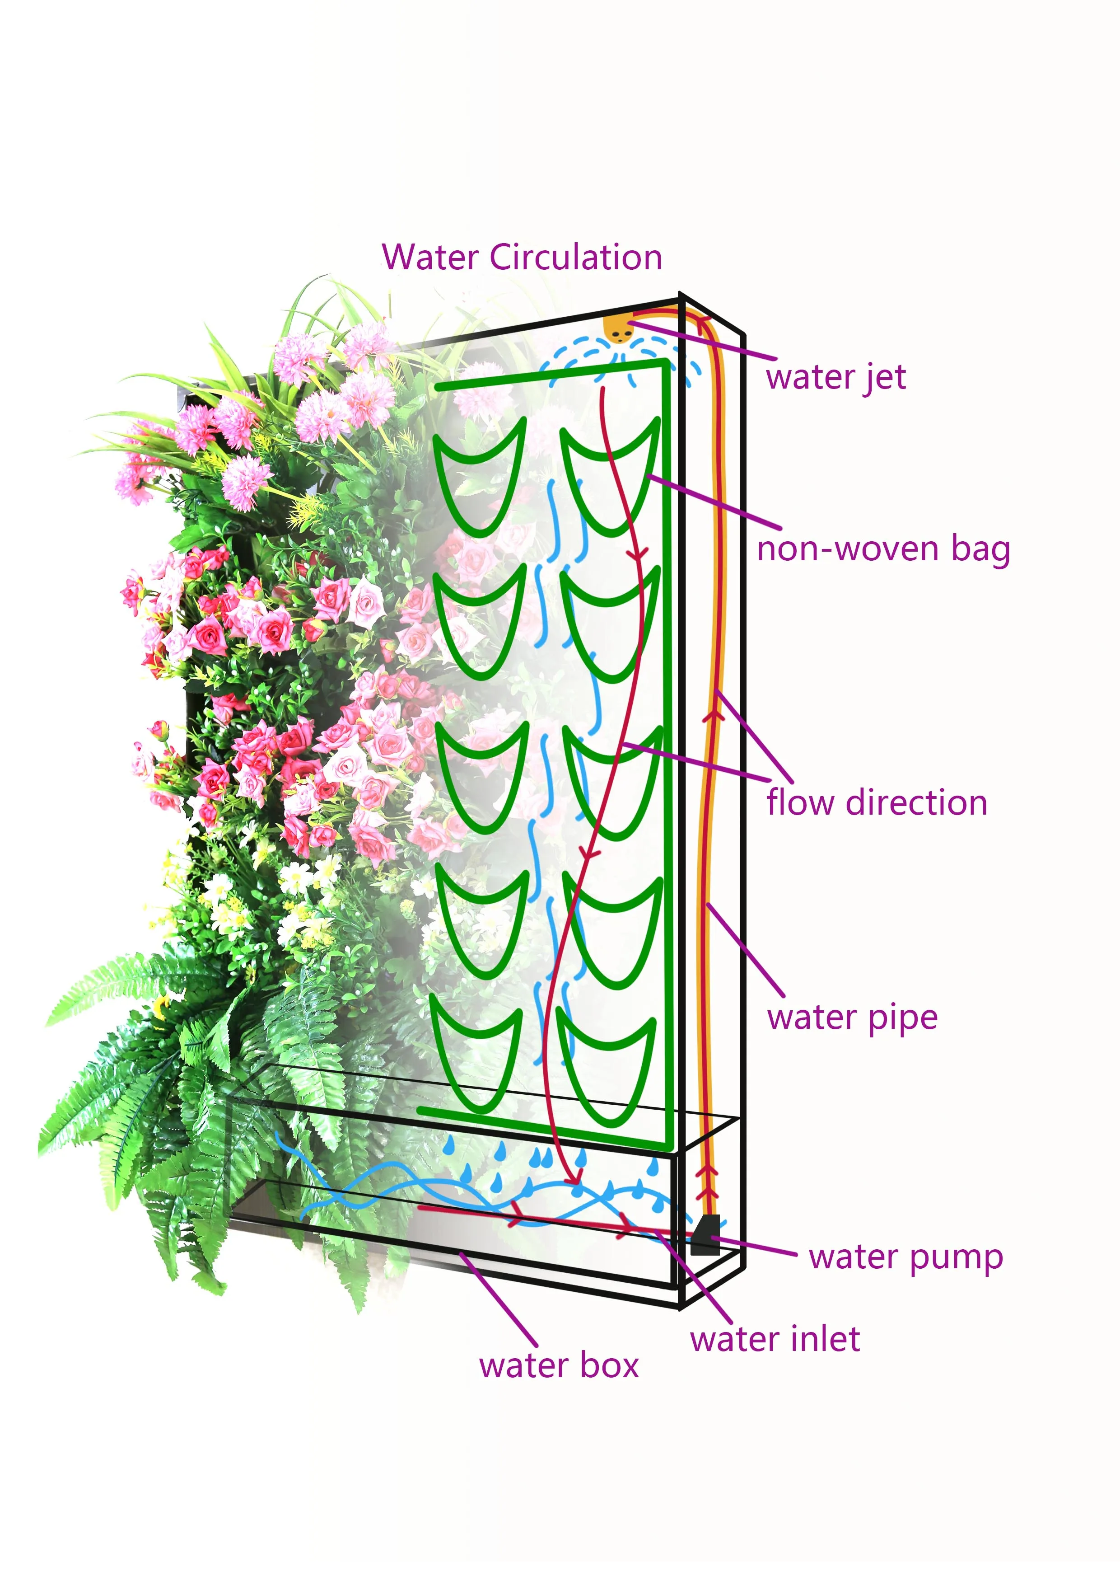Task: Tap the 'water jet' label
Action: (x=835, y=378)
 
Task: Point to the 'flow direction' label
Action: (x=877, y=803)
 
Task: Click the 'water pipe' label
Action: (x=852, y=1018)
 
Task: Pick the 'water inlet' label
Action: (x=774, y=1340)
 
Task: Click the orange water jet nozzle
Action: (x=618, y=330)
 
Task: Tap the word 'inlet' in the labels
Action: (x=825, y=1340)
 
